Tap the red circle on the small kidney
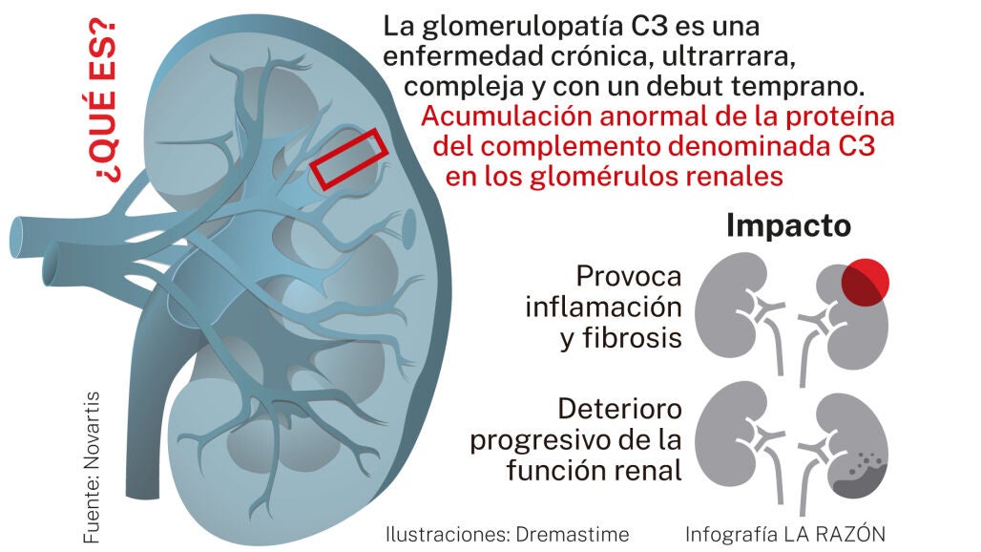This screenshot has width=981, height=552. coord(865,283)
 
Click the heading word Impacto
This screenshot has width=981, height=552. coord(788,226)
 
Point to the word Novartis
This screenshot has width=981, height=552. coord(92,431)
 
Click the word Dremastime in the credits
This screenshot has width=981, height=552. coord(573,535)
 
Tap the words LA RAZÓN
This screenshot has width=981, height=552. coord(835,534)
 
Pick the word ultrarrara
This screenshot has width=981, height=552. coord(728,56)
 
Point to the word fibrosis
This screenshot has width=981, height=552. coord(632,338)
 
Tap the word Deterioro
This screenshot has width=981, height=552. coord(619,410)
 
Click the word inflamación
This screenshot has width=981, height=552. coord(603,308)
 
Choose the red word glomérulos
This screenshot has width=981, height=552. coord(603,177)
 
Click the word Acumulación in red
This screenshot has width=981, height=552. coord(507,117)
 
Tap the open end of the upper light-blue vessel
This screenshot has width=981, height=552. coord(17,237)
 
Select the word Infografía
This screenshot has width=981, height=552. coord(731,535)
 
